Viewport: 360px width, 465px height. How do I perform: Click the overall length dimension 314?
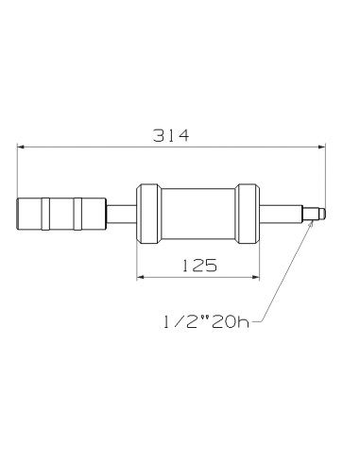(171, 135)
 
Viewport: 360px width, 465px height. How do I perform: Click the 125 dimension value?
(197, 266)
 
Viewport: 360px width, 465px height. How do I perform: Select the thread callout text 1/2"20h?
(202, 323)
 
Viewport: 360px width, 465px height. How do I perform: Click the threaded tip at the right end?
(319, 215)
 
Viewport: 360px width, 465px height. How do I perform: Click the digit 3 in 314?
(158, 135)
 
